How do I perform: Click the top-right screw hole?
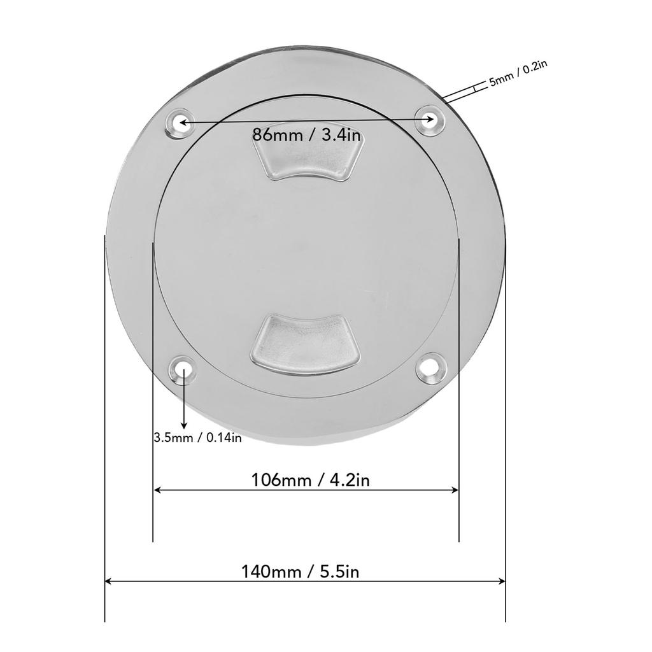coord(430,119)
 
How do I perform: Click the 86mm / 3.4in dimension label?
coord(307,135)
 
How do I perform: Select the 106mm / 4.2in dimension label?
coord(311,479)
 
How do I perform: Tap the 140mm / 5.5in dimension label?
coord(300,571)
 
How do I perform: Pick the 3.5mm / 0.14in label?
coord(197,437)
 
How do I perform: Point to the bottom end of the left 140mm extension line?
coord(104,620)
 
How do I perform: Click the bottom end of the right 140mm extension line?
coord(506,620)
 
